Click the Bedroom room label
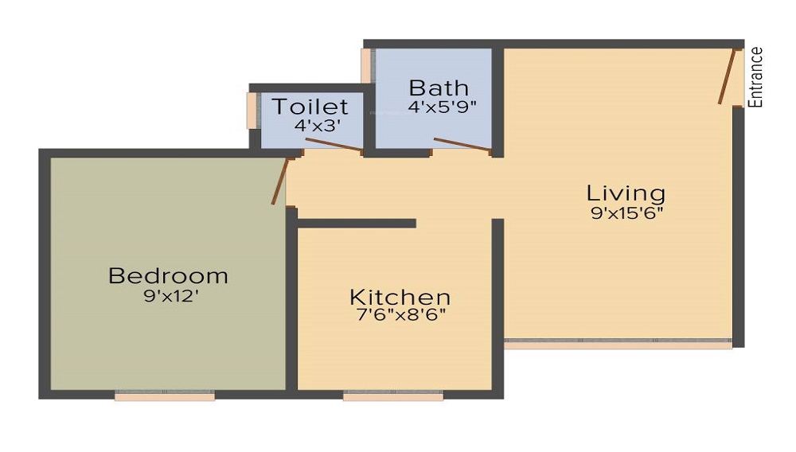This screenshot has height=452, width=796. coord(168,276)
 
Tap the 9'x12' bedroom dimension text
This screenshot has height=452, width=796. coord(168,296)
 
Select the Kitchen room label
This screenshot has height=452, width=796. coord(400,298)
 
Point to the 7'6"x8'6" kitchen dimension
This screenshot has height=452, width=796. coord(400,314)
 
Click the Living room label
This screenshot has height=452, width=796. coord(626,193)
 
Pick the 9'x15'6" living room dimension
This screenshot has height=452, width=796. coord(626,212)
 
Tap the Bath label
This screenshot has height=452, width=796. coord(438,87)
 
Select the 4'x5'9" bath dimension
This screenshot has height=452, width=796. coord(442,106)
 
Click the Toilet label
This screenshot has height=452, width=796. coord(310,107)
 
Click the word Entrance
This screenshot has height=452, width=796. coord(757,77)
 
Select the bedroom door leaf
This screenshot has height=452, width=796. coord(279,181)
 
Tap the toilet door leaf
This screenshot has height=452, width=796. coord(334,144)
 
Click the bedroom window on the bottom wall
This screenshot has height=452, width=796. coord(165,395)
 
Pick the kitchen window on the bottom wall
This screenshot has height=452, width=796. coord(393,395)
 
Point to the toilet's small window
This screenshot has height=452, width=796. coord(252,111)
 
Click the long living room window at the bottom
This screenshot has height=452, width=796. coord(618,345)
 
